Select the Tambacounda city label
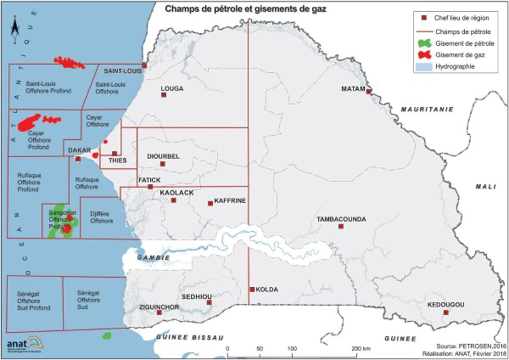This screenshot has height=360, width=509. pyautogui.click(x=341, y=219)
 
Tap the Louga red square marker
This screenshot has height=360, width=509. pyautogui.click(x=163, y=95)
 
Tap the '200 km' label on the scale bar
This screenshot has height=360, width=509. pyautogui.click(x=361, y=349)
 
